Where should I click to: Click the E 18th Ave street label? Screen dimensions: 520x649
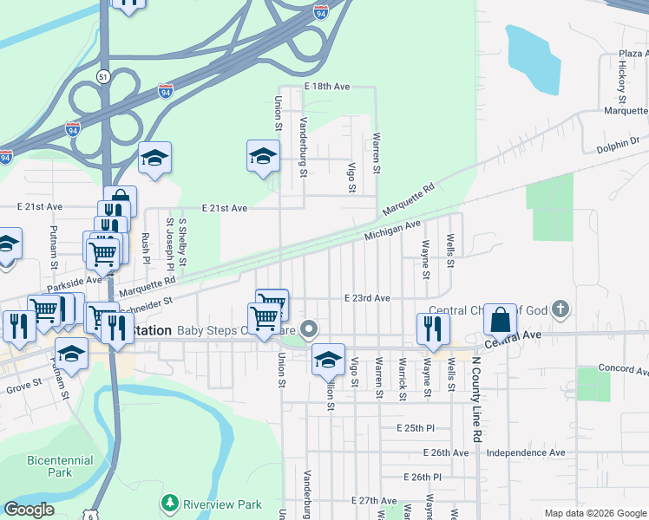(x=326, y=87)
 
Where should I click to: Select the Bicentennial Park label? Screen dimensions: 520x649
(x=49, y=466)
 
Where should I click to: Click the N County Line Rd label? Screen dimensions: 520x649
(x=476, y=400)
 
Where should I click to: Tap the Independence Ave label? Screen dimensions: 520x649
(x=526, y=452)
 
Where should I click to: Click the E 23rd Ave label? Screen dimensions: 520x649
(x=366, y=297)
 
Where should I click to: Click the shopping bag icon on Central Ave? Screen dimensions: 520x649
(x=501, y=320)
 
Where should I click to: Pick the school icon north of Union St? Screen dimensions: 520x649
(x=263, y=156)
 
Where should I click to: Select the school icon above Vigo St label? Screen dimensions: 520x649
(x=328, y=359)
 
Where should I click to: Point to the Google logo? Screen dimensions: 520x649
(x=29, y=510)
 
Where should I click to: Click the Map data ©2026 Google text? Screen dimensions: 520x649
(x=594, y=513)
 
